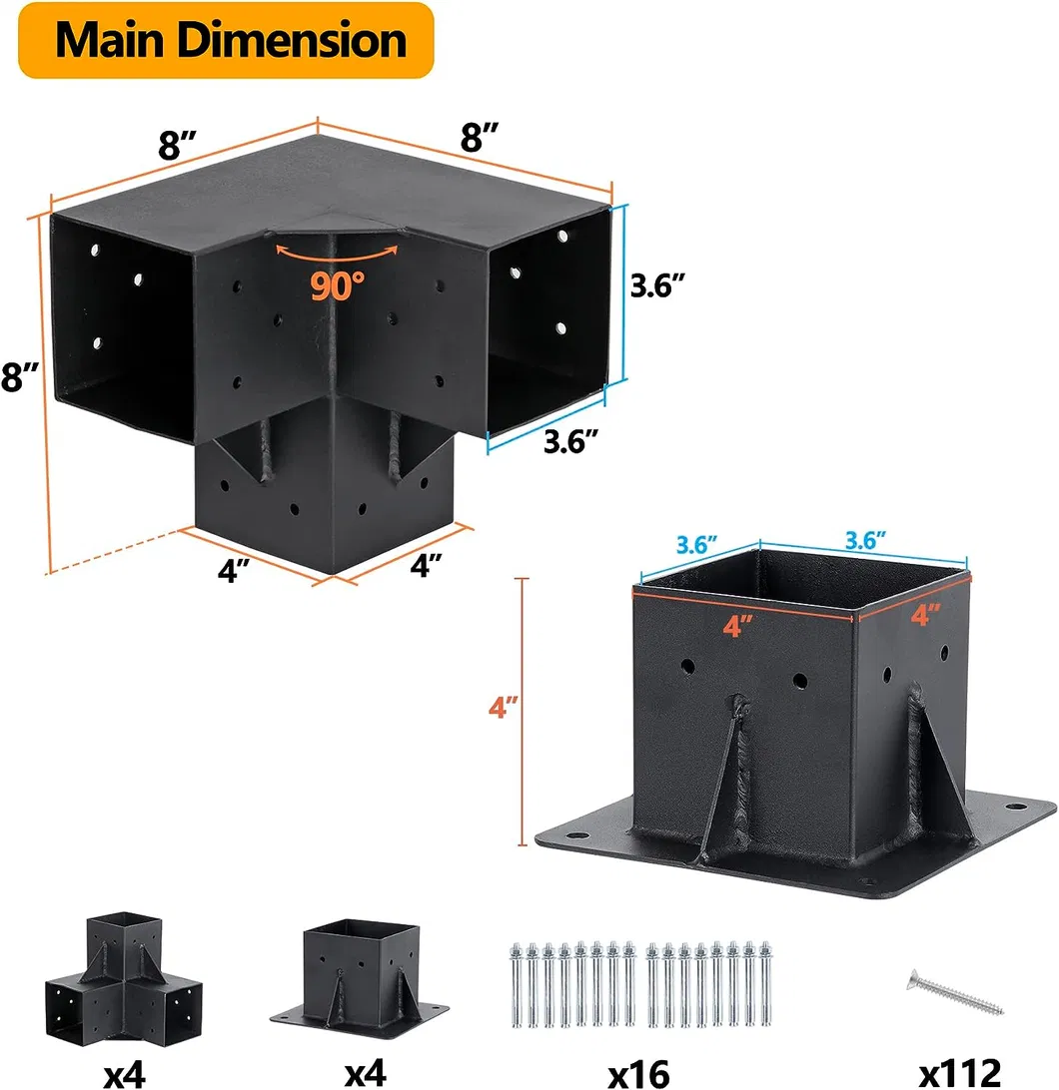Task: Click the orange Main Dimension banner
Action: click(226, 40)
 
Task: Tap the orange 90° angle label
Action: click(337, 285)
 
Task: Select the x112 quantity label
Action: click(960, 1073)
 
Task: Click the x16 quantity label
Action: click(638, 1073)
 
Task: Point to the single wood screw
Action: click(955, 992)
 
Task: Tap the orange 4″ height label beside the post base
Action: click(504, 707)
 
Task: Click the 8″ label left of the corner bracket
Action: click(20, 377)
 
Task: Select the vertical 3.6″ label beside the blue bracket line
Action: click(657, 285)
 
